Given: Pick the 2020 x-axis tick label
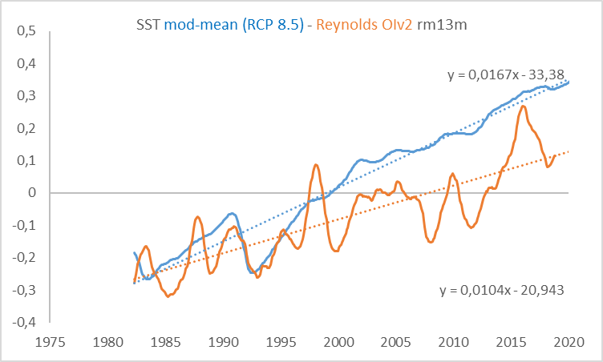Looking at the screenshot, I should tap(569, 340).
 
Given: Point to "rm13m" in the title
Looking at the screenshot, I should tap(445, 24).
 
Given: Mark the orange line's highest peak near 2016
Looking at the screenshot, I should tap(523, 106).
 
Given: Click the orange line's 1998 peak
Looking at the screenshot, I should tap(316, 165).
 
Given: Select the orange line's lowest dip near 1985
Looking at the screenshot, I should tap(168, 296).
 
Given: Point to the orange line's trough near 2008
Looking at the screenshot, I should tap(431, 241).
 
